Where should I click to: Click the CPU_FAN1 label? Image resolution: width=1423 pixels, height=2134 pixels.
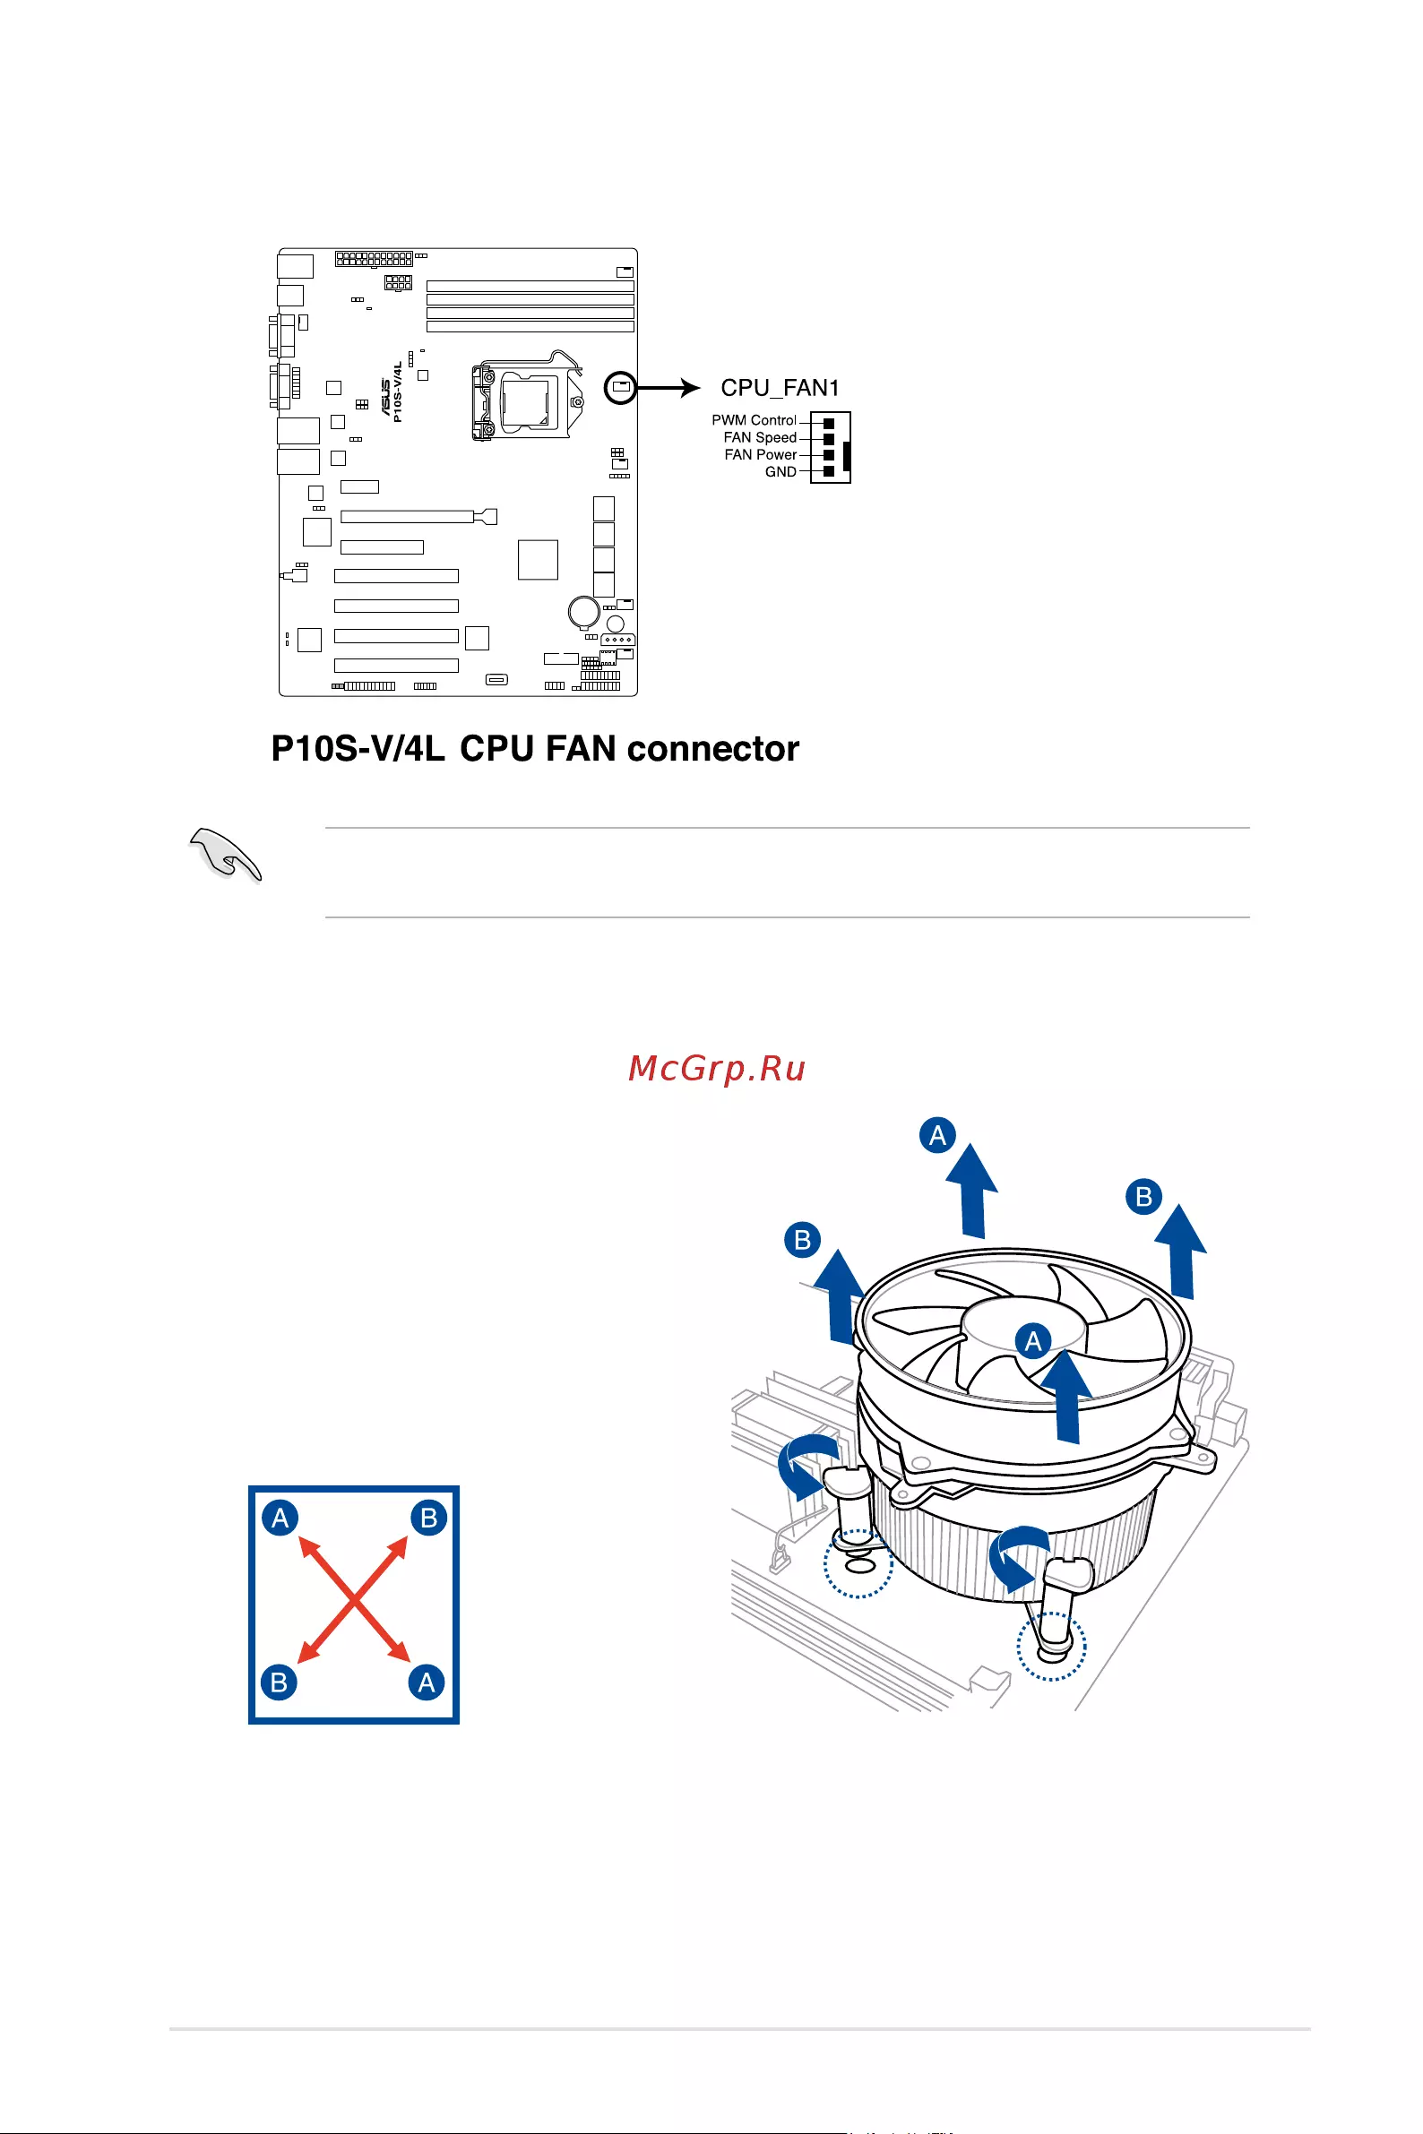click(780, 388)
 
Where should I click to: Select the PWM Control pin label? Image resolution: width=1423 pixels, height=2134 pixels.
click(754, 420)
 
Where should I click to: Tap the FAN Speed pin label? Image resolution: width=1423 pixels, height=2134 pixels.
click(760, 437)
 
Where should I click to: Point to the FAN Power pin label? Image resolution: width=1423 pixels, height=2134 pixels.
click(761, 454)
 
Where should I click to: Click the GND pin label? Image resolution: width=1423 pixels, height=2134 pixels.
click(780, 472)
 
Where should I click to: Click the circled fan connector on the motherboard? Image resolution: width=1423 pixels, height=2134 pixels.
click(621, 387)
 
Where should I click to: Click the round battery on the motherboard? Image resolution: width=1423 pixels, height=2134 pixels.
click(582, 611)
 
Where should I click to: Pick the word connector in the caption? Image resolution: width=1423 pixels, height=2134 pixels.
click(712, 750)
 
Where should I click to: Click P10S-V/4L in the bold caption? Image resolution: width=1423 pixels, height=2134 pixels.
click(358, 750)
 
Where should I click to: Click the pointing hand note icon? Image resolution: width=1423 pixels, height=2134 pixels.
click(225, 854)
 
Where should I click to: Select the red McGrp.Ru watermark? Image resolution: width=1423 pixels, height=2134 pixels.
click(717, 1069)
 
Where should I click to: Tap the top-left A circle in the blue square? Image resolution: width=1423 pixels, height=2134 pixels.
click(280, 1518)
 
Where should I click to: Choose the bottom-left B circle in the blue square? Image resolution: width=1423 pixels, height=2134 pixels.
click(280, 1682)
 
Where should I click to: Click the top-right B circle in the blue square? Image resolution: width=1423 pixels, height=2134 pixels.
click(429, 1517)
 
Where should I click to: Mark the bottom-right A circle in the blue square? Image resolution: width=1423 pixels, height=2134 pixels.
click(427, 1683)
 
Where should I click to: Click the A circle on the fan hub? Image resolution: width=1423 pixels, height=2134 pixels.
click(1033, 1341)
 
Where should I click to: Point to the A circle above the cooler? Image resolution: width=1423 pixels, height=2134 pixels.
click(937, 1135)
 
